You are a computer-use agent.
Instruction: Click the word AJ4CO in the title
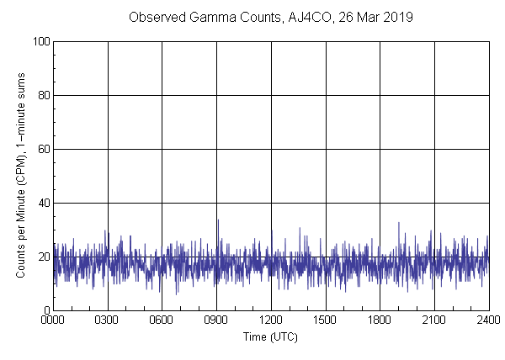click(308, 17)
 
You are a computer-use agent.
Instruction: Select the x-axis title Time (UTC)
click(270, 337)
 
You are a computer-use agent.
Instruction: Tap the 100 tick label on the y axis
click(40, 41)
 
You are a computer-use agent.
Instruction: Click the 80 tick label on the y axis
click(42, 95)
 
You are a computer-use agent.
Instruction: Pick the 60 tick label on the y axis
click(42, 149)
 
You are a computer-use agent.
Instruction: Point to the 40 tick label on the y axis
click(42, 203)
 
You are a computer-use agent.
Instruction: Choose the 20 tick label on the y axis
click(42, 257)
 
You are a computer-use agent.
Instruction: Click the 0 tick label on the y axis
click(45, 310)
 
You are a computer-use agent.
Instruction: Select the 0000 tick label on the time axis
click(53, 321)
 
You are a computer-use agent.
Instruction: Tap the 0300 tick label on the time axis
click(108, 321)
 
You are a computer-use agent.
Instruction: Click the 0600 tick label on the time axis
click(162, 321)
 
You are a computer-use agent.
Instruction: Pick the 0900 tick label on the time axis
click(216, 321)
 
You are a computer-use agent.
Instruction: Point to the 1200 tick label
click(271, 321)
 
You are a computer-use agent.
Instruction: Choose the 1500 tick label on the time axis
click(325, 321)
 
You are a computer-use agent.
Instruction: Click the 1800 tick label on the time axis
click(380, 321)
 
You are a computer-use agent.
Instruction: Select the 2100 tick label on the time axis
click(434, 321)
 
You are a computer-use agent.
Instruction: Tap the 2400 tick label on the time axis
click(486, 321)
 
